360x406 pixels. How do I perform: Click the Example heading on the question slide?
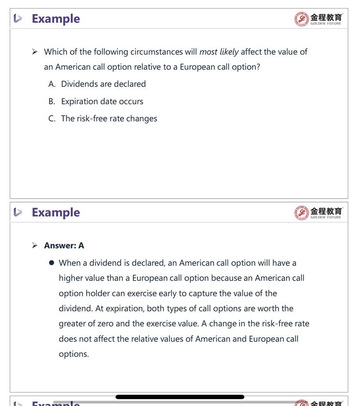55,19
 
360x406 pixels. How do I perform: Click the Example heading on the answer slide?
55,212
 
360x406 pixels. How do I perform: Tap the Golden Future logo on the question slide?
319,19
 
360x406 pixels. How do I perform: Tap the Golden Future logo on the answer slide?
319,212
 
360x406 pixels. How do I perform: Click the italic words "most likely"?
219,52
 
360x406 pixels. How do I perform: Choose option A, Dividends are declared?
103,84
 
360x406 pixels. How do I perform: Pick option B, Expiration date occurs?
102,101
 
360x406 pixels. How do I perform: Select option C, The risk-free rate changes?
109,119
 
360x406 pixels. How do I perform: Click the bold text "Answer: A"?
64,246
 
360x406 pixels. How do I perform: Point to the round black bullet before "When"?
52,263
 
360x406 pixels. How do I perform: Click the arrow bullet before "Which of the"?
35,52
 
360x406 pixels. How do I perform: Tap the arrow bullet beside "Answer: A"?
35,246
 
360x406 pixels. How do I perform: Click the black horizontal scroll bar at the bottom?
180,397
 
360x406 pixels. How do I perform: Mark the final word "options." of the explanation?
74,354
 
